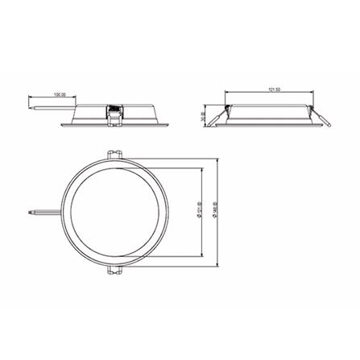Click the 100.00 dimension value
(60, 94)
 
